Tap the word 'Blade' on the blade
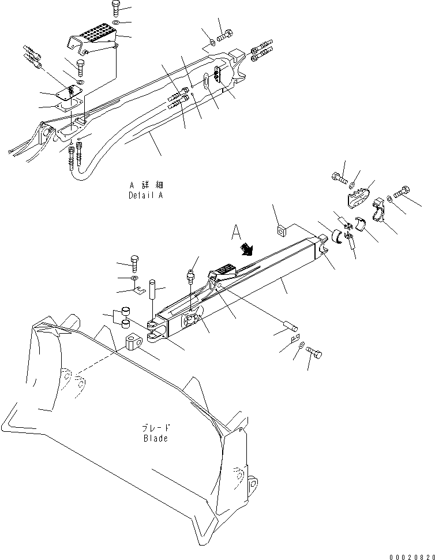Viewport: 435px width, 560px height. (x=156, y=438)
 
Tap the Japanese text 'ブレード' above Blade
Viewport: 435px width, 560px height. (x=156, y=428)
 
